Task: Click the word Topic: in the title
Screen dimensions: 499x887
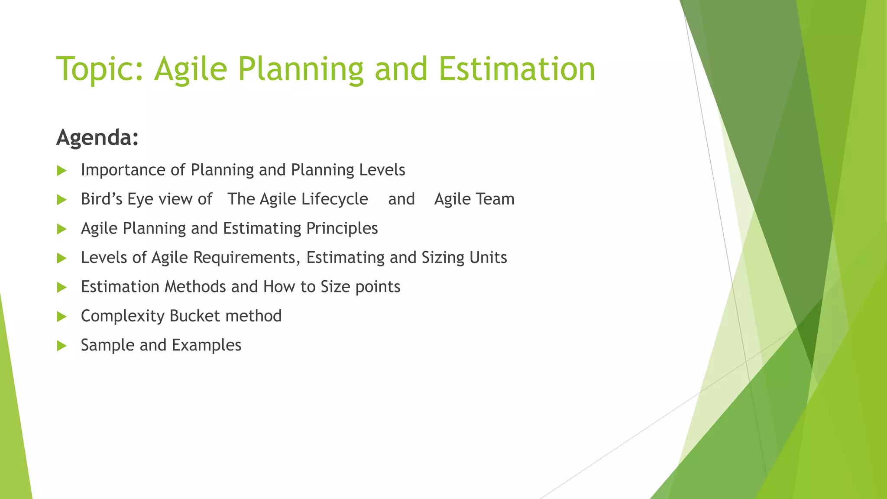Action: [x=100, y=69]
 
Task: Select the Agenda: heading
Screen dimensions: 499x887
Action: [x=97, y=138]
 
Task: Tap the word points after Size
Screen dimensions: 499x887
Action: [x=377, y=287]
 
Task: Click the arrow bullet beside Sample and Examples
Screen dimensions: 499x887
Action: [x=62, y=346]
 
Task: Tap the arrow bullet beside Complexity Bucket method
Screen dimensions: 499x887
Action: [x=62, y=317]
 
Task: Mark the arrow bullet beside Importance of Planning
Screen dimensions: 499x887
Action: [x=62, y=171]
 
